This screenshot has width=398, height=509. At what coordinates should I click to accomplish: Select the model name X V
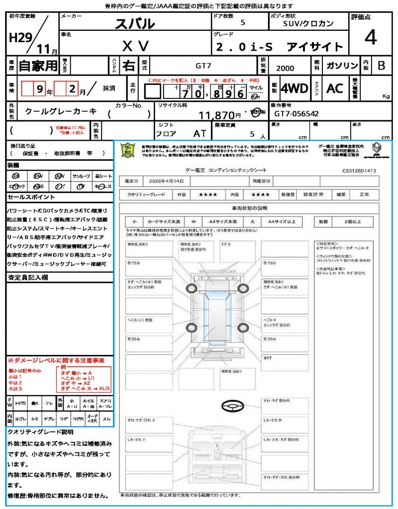[135, 46]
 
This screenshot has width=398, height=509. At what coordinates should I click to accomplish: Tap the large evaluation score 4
[370, 37]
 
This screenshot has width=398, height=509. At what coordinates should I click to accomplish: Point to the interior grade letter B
[381, 66]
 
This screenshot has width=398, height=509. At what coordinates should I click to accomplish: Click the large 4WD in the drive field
[295, 88]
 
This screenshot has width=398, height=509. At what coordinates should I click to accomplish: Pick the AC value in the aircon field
[335, 88]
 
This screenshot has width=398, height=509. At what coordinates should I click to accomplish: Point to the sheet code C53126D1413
[359, 170]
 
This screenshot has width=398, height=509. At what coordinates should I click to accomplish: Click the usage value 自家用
[38, 66]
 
